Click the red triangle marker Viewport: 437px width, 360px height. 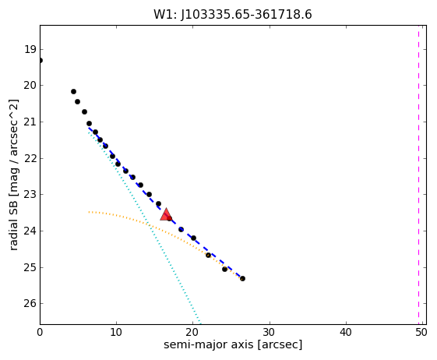pos(166,214)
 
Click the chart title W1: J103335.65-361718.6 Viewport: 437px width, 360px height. pos(233,14)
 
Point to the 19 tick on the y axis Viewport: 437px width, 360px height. pos(30,50)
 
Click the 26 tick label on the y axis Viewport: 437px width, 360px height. pos(30,303)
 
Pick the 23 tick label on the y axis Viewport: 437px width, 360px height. pos(30,194)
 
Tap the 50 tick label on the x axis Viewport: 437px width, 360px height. pos(421,333)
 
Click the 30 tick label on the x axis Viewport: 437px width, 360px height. pos(270,333)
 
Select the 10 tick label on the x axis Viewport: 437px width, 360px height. pos(116,333)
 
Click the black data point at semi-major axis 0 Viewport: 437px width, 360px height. pos(41,61)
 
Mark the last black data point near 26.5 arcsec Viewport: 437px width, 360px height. pos(242,278)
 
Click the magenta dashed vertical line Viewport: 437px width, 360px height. pos(418,175)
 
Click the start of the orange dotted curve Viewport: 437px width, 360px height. pos(89,212)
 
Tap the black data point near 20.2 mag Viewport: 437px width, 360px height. pos(73,91)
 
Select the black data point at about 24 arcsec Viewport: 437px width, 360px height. pos(224,269)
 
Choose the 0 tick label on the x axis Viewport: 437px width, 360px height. pos(40,333)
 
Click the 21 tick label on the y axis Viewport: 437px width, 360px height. pos(30,122)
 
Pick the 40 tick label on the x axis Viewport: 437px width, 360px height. pos(346,333)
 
